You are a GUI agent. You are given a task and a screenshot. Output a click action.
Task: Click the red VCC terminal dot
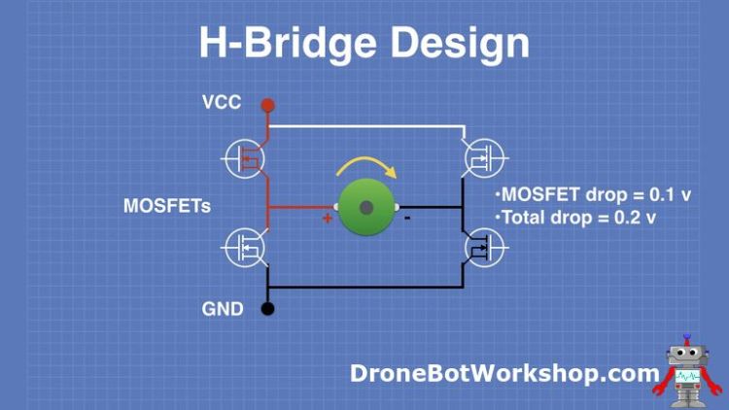268,105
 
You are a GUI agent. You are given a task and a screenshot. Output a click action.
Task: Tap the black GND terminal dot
268,310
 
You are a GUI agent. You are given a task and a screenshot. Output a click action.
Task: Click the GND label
222,310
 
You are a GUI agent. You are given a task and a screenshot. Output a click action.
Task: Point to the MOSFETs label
167,206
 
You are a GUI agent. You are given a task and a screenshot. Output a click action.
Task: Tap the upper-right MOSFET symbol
482,156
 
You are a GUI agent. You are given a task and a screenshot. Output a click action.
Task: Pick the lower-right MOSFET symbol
482,249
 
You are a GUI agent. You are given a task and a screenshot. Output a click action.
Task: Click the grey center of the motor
366,207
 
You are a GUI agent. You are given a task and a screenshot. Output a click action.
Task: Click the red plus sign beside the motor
328,219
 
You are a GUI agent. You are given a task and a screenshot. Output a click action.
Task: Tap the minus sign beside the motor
406,218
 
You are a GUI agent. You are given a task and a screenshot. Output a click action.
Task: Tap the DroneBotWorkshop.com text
504,373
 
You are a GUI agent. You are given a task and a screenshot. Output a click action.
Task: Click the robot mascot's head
686,354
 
